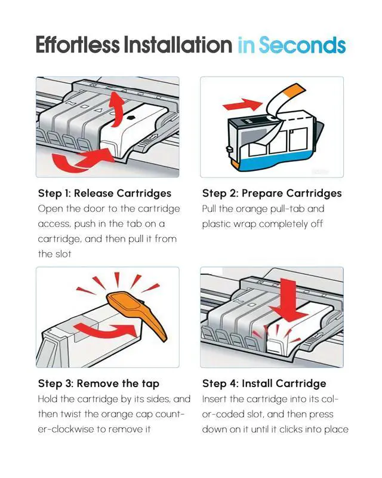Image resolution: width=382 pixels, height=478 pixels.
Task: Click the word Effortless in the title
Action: point(78,44)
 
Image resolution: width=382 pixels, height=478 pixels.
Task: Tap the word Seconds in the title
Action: point(302,45)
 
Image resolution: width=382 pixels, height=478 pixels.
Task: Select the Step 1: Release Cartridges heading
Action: point(104,193)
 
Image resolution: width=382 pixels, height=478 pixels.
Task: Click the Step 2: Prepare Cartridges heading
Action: point(272,193)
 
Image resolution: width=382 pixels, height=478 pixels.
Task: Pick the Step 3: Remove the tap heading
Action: point(98,384)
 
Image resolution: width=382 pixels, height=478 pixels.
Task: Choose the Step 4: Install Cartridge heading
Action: point(264,384)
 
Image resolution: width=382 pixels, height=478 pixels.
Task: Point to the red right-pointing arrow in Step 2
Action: point(242,105)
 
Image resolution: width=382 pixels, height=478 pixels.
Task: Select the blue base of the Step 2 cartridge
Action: point(274,159)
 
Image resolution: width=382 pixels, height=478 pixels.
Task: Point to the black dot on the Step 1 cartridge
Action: point(131,118)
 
